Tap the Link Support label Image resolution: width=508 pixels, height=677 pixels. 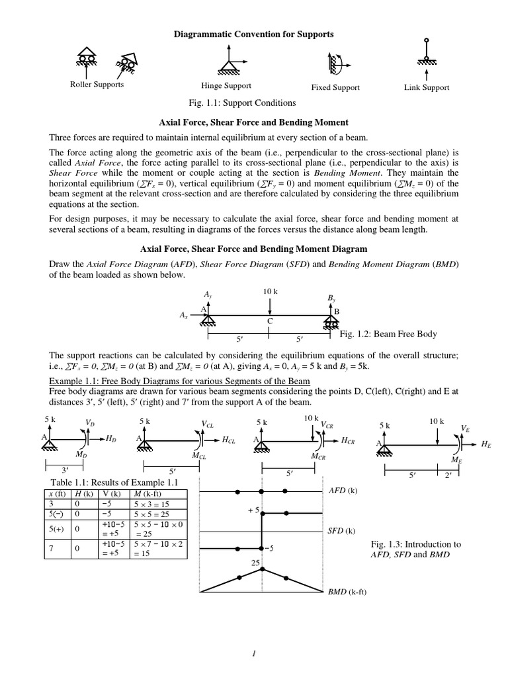(x=427, y=87)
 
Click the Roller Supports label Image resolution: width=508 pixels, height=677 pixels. (x=97, y=85)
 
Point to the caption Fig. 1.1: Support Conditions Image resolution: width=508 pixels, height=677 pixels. (x=242, y=102)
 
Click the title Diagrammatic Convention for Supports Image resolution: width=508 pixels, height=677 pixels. (x=253, y=33)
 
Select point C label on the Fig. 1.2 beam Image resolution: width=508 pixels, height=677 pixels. (x=270, y=321)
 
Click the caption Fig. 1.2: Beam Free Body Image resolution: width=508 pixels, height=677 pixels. (x=388, y=334)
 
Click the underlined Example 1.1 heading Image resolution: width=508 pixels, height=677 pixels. (x=179, y=382)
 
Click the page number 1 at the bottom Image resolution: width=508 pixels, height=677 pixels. (x=253, y=653)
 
